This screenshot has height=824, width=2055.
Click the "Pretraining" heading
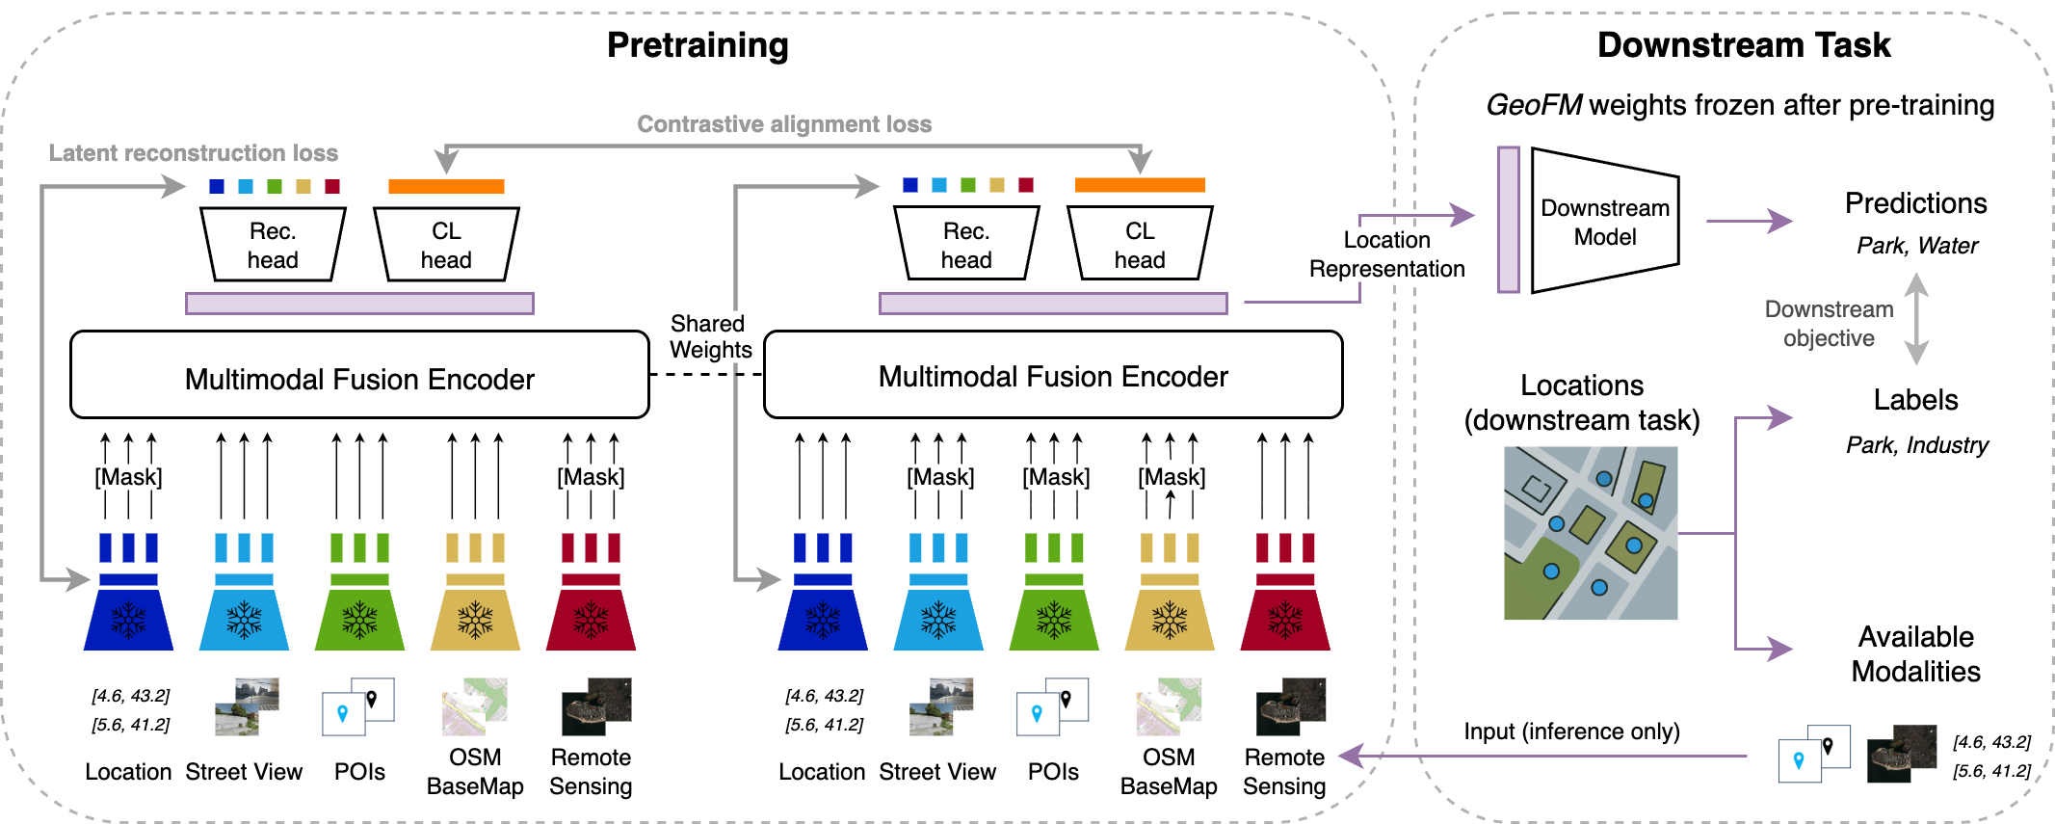tap(698, 45)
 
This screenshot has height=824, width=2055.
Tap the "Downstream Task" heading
tap(1743, 45)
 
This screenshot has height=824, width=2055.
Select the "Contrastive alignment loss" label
tap(784, 124)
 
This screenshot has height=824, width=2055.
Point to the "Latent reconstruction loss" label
tap(193, 153)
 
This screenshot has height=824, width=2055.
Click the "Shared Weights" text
tap(710, 336)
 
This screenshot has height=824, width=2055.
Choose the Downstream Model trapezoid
tap(1604, 222)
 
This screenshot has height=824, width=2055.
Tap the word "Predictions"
tap(1915, 203)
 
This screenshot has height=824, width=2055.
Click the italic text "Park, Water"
tap(1916, 246)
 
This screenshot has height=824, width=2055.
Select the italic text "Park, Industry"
tap(1916, 445)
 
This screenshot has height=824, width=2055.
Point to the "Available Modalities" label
tap(1915, 653)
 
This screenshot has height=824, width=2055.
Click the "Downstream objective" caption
tap(1829, 324)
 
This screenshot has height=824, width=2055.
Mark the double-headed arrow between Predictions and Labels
tap(1916, 318)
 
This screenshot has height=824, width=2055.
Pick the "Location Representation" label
tap(1386, 254)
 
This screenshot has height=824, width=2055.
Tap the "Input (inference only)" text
tap(1571, 731)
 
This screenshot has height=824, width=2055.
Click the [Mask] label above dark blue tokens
tap(128, 477)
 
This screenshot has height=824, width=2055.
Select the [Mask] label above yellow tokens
tap(1172, 477)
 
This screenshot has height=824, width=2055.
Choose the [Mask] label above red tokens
tap(591, 477)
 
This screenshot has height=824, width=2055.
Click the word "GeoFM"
tap(1533, 105)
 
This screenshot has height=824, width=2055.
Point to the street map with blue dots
tap(1590, 532)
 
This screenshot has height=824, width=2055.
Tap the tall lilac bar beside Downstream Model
tap(1508, 220)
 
